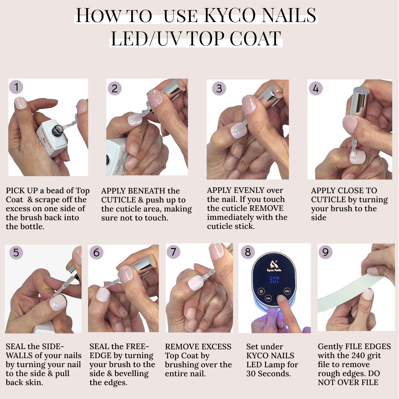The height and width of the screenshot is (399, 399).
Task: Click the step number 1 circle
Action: [x=16, y=87]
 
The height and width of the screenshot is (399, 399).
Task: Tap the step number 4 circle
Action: [x=316, y=88]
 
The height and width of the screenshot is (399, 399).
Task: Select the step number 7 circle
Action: [x=173, y=252]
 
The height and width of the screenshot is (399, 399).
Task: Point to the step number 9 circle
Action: [x=325, y=252]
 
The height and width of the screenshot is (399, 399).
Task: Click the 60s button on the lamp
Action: [x=287, y=291]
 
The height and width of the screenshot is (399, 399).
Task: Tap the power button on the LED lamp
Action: [x=261, y=291]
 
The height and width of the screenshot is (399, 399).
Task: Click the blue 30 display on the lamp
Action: [x=274, y=280]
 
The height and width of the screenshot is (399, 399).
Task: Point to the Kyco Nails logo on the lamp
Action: [x=274, y=266]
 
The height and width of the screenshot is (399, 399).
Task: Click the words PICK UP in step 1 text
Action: [x=22, y=191]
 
